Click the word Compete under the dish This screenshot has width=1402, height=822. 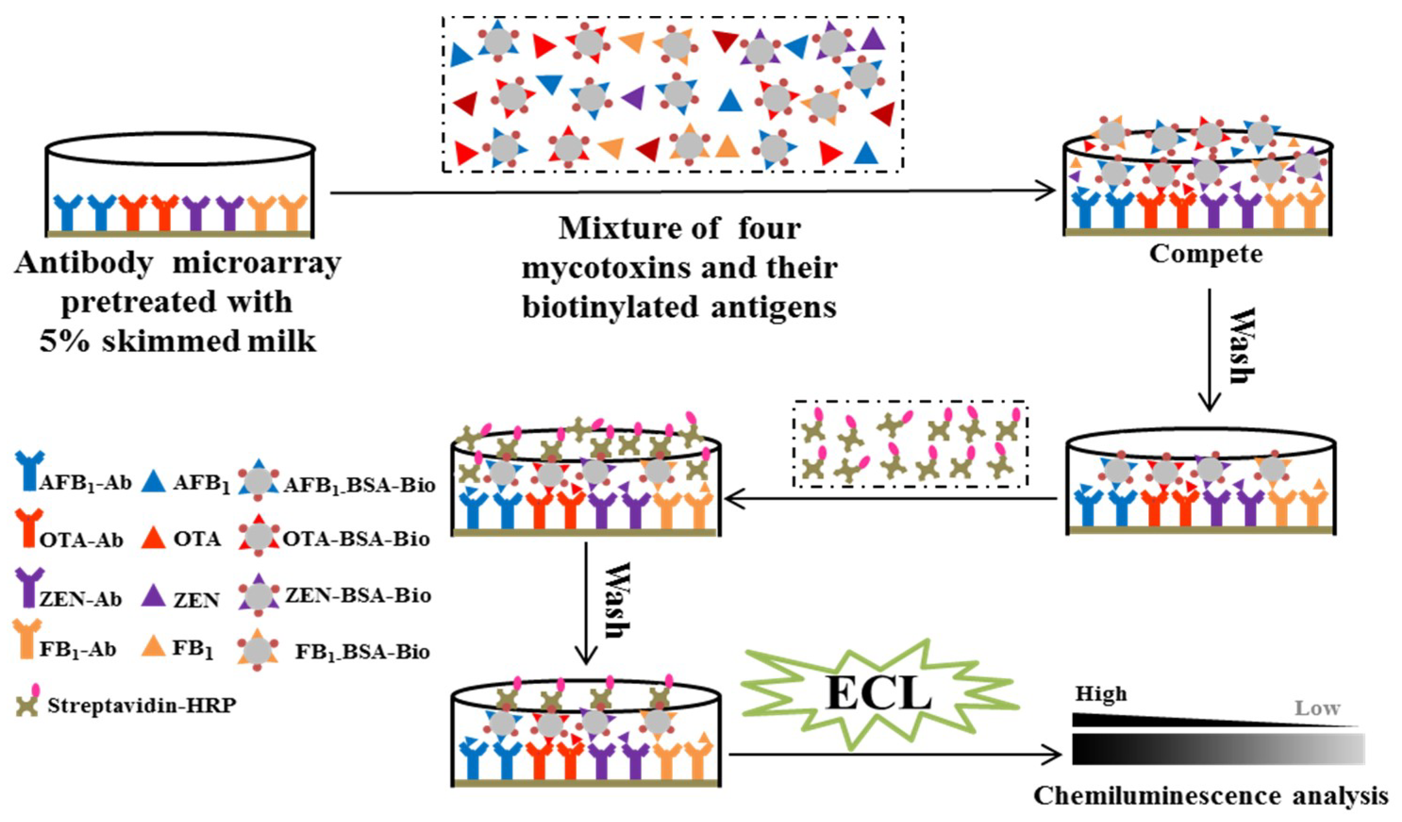(1206, 254)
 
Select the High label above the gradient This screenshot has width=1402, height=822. (1101, 694)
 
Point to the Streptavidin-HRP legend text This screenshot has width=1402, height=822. (141, 706)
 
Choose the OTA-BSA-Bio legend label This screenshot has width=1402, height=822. (356, 539)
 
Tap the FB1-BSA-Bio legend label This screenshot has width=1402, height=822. (362, 652)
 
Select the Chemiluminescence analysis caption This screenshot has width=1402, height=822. (1211, 796)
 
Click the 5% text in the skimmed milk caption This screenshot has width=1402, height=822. (64, 341)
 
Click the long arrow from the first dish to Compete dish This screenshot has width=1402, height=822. (690, 193)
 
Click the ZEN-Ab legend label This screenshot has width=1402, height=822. (81, 599)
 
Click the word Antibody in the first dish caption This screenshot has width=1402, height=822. (83, 263)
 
